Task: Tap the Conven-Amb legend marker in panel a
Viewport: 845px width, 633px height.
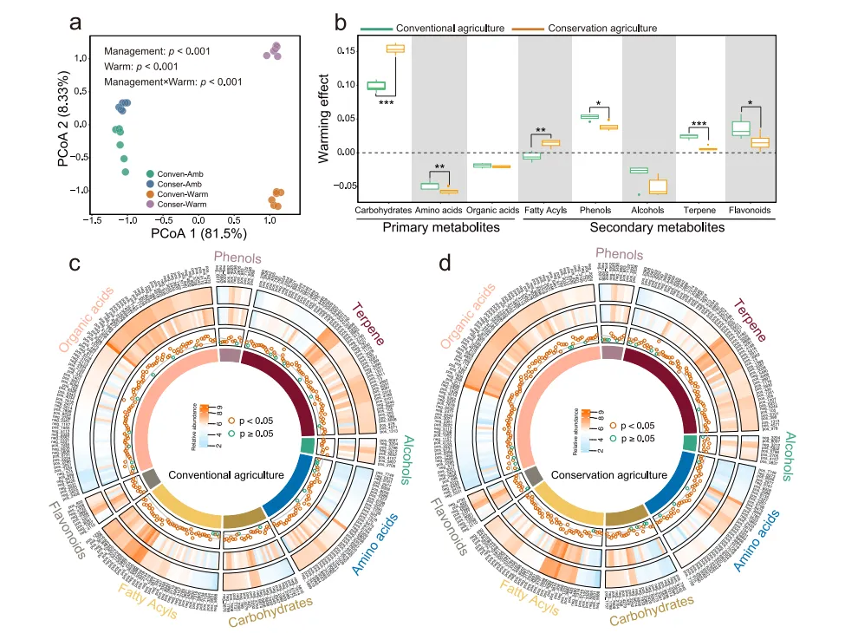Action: click(x=151, y=173)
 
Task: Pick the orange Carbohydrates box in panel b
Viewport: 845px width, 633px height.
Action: click(x=394, y=49)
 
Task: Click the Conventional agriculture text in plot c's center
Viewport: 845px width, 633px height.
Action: click(x=227, y=474)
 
